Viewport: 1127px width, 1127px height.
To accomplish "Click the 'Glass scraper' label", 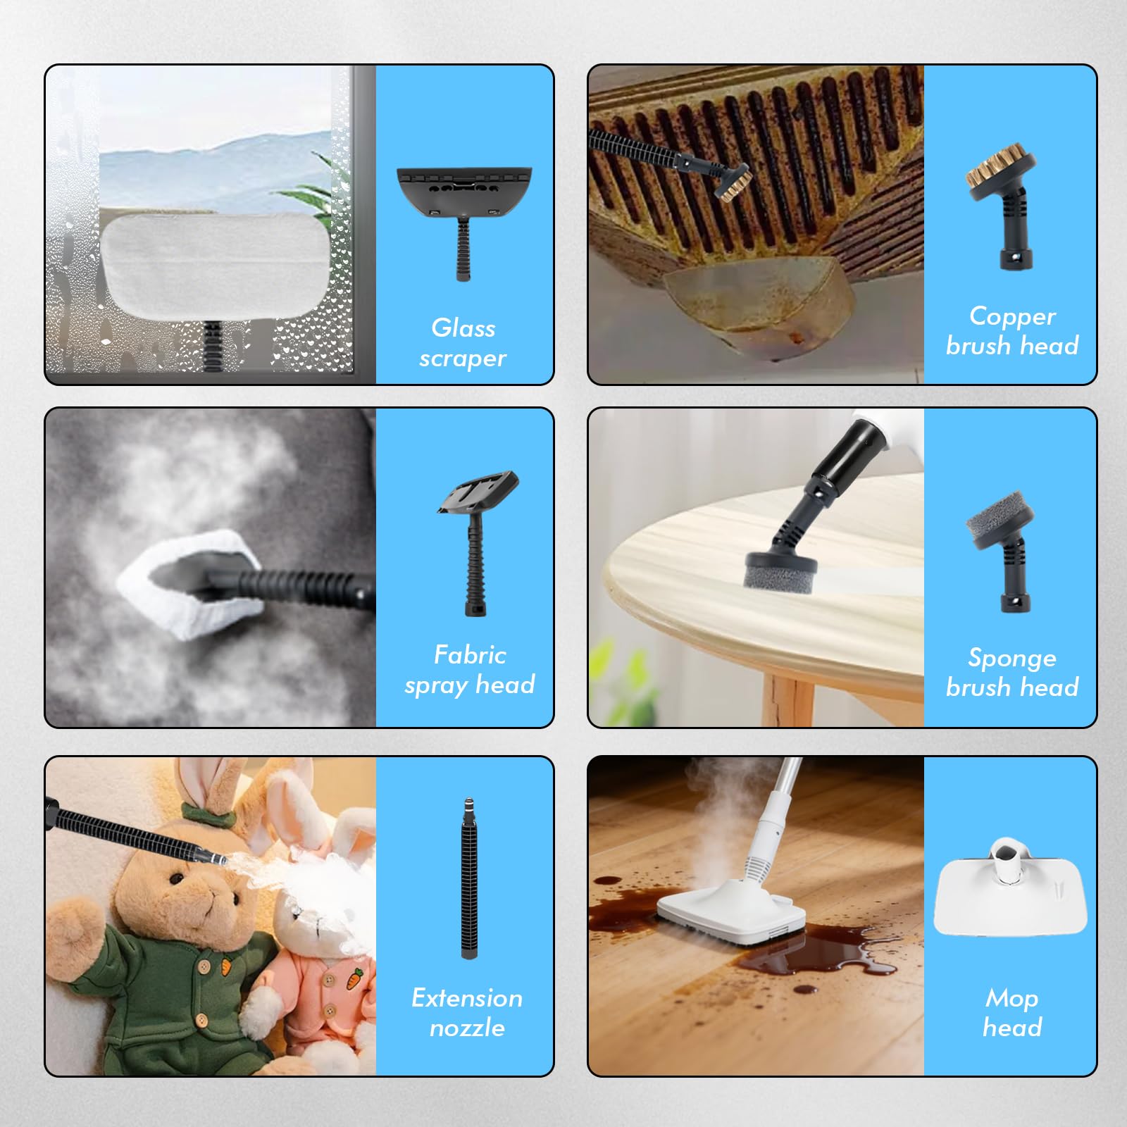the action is click(x=463, y=343).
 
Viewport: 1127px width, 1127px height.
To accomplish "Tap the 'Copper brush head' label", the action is click(x=1012, y=330).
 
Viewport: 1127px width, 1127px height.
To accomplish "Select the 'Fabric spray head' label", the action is click(x=470, y=670).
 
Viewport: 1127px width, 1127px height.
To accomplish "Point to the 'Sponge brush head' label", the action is click(x=1012, y=672).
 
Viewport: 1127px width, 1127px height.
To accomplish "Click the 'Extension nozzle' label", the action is click(x=467, y=1012).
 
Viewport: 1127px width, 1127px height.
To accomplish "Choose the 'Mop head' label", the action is click(x=1012, y=1012).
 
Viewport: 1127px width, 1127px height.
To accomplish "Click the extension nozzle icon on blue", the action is click(x=468, y=878).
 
